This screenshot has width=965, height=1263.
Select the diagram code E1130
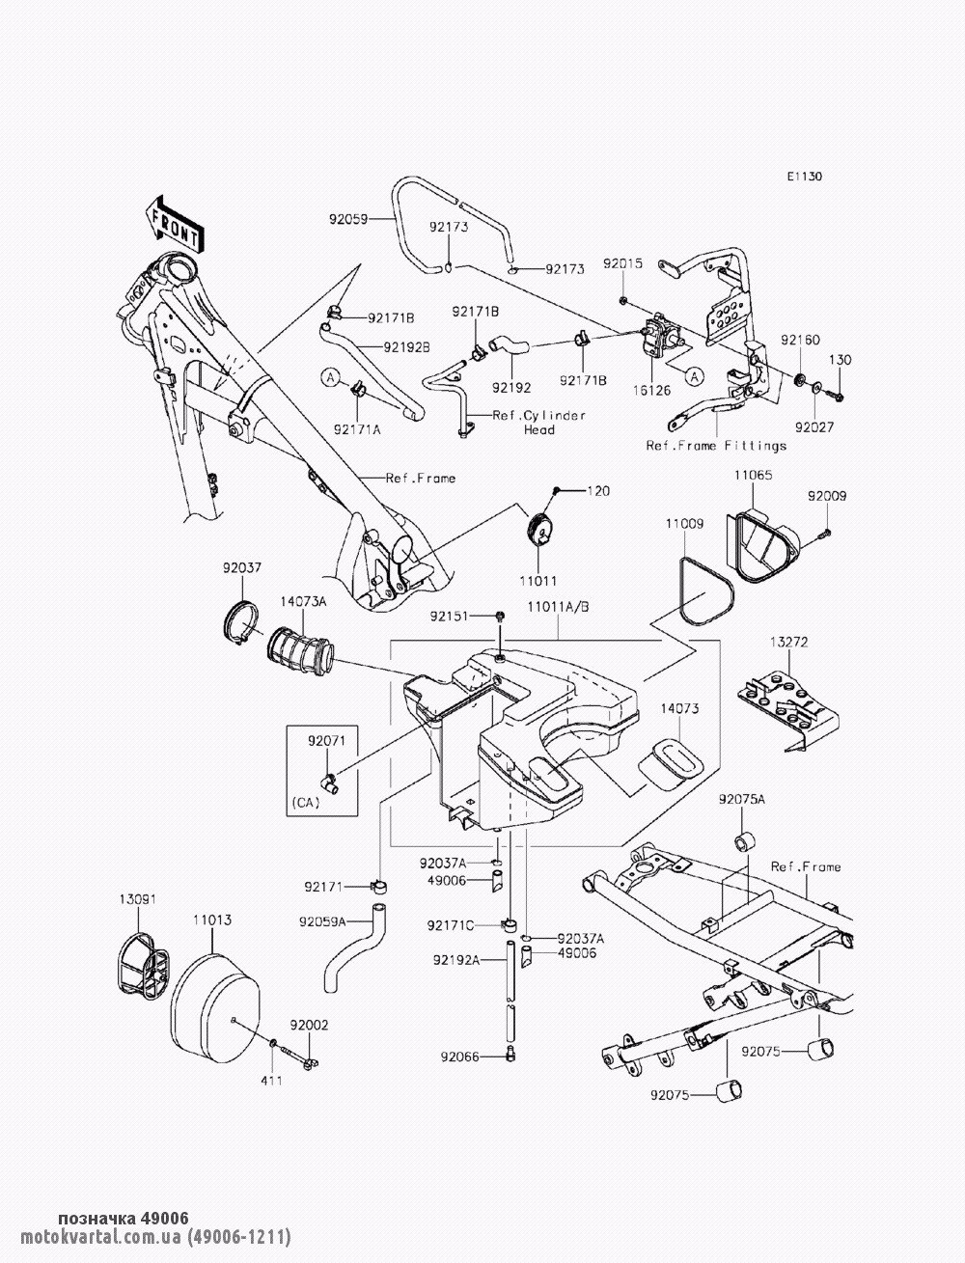(x=804, y=177)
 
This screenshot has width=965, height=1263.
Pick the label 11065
(x=752, y=476)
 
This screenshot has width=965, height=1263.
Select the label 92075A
(x=741, y=800)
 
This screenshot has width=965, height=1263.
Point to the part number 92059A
(x=321, y=920)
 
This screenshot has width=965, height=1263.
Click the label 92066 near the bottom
(x=459, y=1057)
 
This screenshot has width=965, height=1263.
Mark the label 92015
(x=623, y=263)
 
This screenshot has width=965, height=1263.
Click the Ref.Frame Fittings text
(x=716, y=446)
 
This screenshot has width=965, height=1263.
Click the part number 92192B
(x=406, y=345)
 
